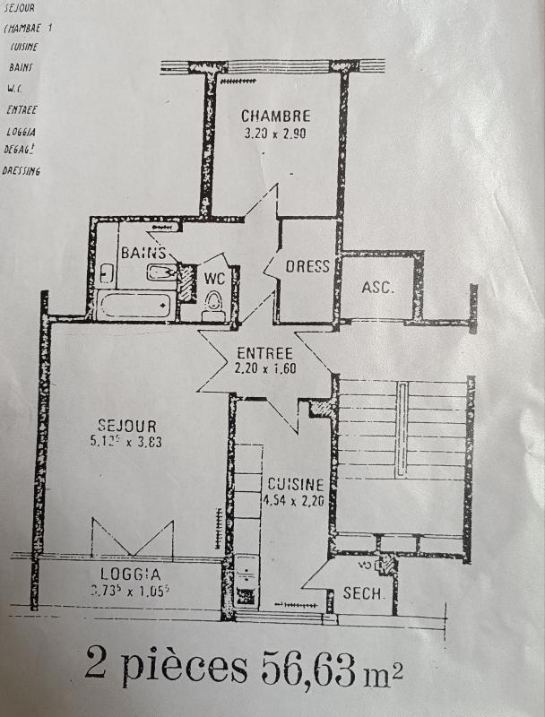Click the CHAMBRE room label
tap(275, 116)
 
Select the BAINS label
tap(143, 254)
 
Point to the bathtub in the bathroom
tap(134, 306)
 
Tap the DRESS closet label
tap(307, 266)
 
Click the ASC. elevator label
tap(377, 287)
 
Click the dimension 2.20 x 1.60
tap(264, 367)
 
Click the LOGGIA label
tap(130, 574)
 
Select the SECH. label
tap(364, 593)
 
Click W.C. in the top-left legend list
tap(14, 89)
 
